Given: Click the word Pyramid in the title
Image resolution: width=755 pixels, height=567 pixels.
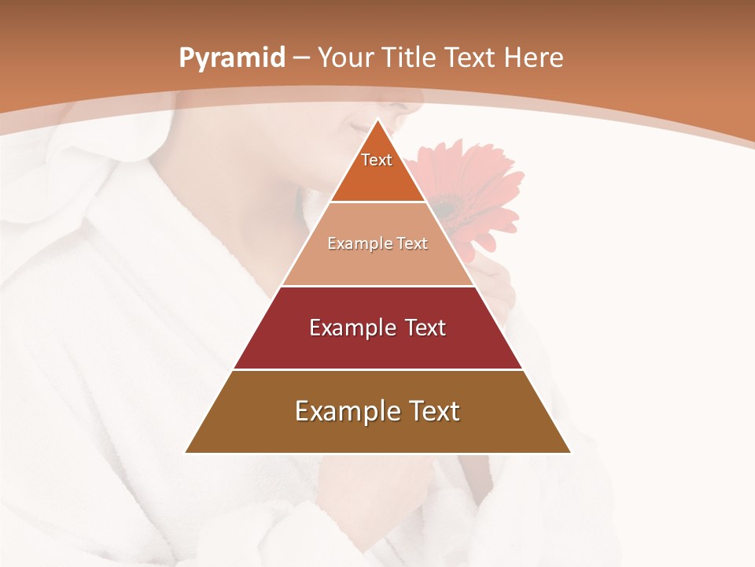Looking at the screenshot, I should click(232, 58).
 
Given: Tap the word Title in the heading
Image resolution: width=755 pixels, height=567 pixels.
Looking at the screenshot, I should click(412, 58).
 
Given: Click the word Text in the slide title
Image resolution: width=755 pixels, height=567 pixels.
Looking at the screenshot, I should click(472, 58).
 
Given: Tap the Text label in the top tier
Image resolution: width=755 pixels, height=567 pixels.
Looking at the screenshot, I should click(377, 160).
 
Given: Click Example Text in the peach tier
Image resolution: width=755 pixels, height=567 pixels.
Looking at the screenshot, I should click(377, 243).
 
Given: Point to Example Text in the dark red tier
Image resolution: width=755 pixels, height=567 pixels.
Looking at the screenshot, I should click(377, 328).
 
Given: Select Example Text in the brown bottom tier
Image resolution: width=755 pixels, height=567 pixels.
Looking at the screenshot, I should click(377, 411).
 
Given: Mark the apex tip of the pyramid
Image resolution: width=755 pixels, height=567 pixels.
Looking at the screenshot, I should click(377, 120).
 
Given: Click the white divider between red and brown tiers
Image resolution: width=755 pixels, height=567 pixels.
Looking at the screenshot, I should click(377, 369).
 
